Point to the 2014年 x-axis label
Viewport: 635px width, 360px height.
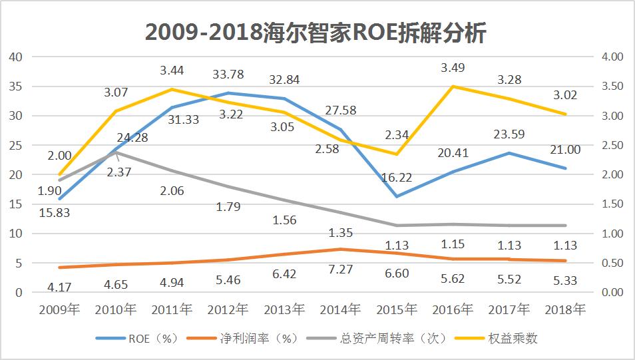pos(341,309)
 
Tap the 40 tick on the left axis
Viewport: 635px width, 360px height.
pos(16,57)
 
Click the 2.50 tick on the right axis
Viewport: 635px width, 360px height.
pos(612,145)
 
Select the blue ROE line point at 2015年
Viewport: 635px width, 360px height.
pos(397,196)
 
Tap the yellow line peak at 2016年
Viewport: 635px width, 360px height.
pos(453,87)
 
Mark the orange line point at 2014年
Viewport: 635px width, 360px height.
pos(341,250)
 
